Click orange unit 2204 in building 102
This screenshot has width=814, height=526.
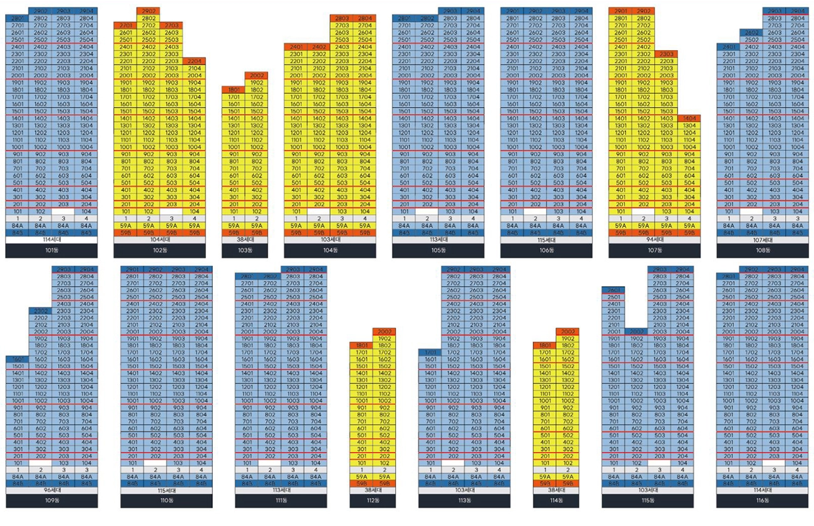coord(194,61)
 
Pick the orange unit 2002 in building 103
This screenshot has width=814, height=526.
coord(256,75)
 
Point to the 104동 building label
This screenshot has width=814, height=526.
coord(330,250)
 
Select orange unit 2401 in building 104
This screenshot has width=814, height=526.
coord(296,47)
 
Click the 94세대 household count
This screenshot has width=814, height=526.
coord(654,240)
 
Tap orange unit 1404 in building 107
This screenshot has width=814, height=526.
coord(689,118)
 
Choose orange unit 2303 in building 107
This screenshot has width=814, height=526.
coord(666,54)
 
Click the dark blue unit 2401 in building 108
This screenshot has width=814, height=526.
coord(728,47)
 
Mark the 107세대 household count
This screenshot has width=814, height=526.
coord(763,240)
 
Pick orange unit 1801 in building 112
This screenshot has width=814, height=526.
coord(361,346)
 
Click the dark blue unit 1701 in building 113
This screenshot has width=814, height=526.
coord(430,353)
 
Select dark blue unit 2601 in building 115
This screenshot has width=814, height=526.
coord(613,290)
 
